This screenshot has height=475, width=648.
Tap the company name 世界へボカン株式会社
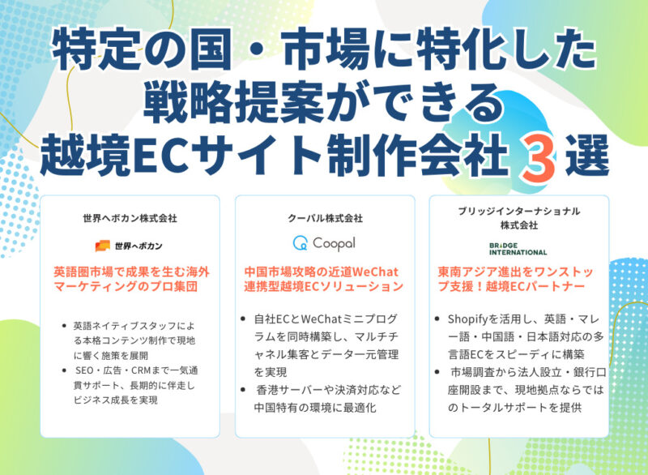coord(130,218)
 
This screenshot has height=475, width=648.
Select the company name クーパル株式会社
coord(325,218)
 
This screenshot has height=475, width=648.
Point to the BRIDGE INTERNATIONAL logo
coord(518,248)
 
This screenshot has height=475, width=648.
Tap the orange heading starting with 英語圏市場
coord(130,278)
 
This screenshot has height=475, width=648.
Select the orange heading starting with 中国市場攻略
coord(324,278)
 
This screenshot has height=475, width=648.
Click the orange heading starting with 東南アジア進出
coord(518,278)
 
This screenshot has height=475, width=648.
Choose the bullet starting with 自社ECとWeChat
coord(328,336)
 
